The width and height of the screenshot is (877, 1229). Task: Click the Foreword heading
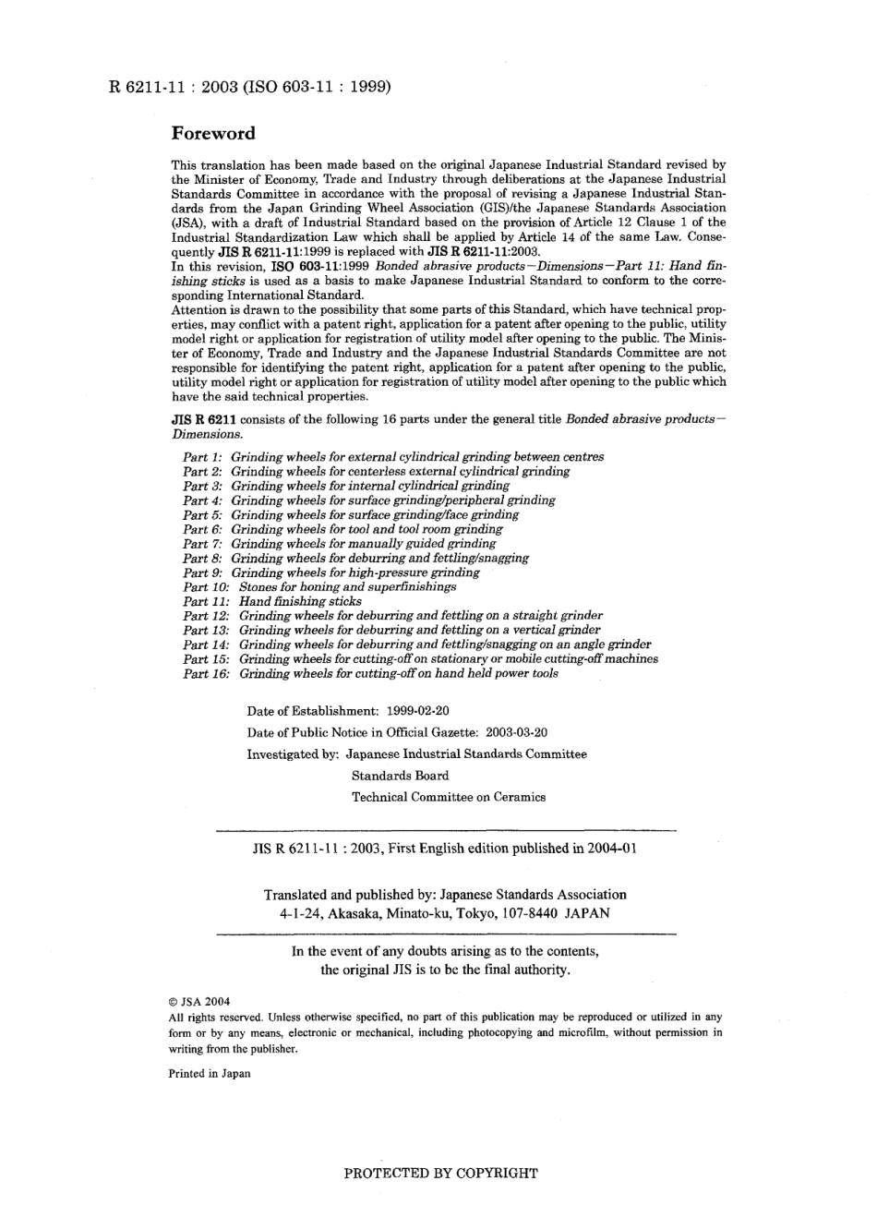coord(213,133)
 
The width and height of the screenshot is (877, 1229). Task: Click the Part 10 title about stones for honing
coord(347,586)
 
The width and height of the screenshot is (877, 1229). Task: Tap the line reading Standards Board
coord(400,776)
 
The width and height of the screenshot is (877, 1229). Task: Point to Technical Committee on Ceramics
coord(448,797)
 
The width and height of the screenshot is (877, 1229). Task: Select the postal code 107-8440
coord(527,914)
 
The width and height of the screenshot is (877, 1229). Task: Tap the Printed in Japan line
coord(209,1074)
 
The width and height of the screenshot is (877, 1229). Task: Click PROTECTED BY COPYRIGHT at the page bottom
coord(440,1174)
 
